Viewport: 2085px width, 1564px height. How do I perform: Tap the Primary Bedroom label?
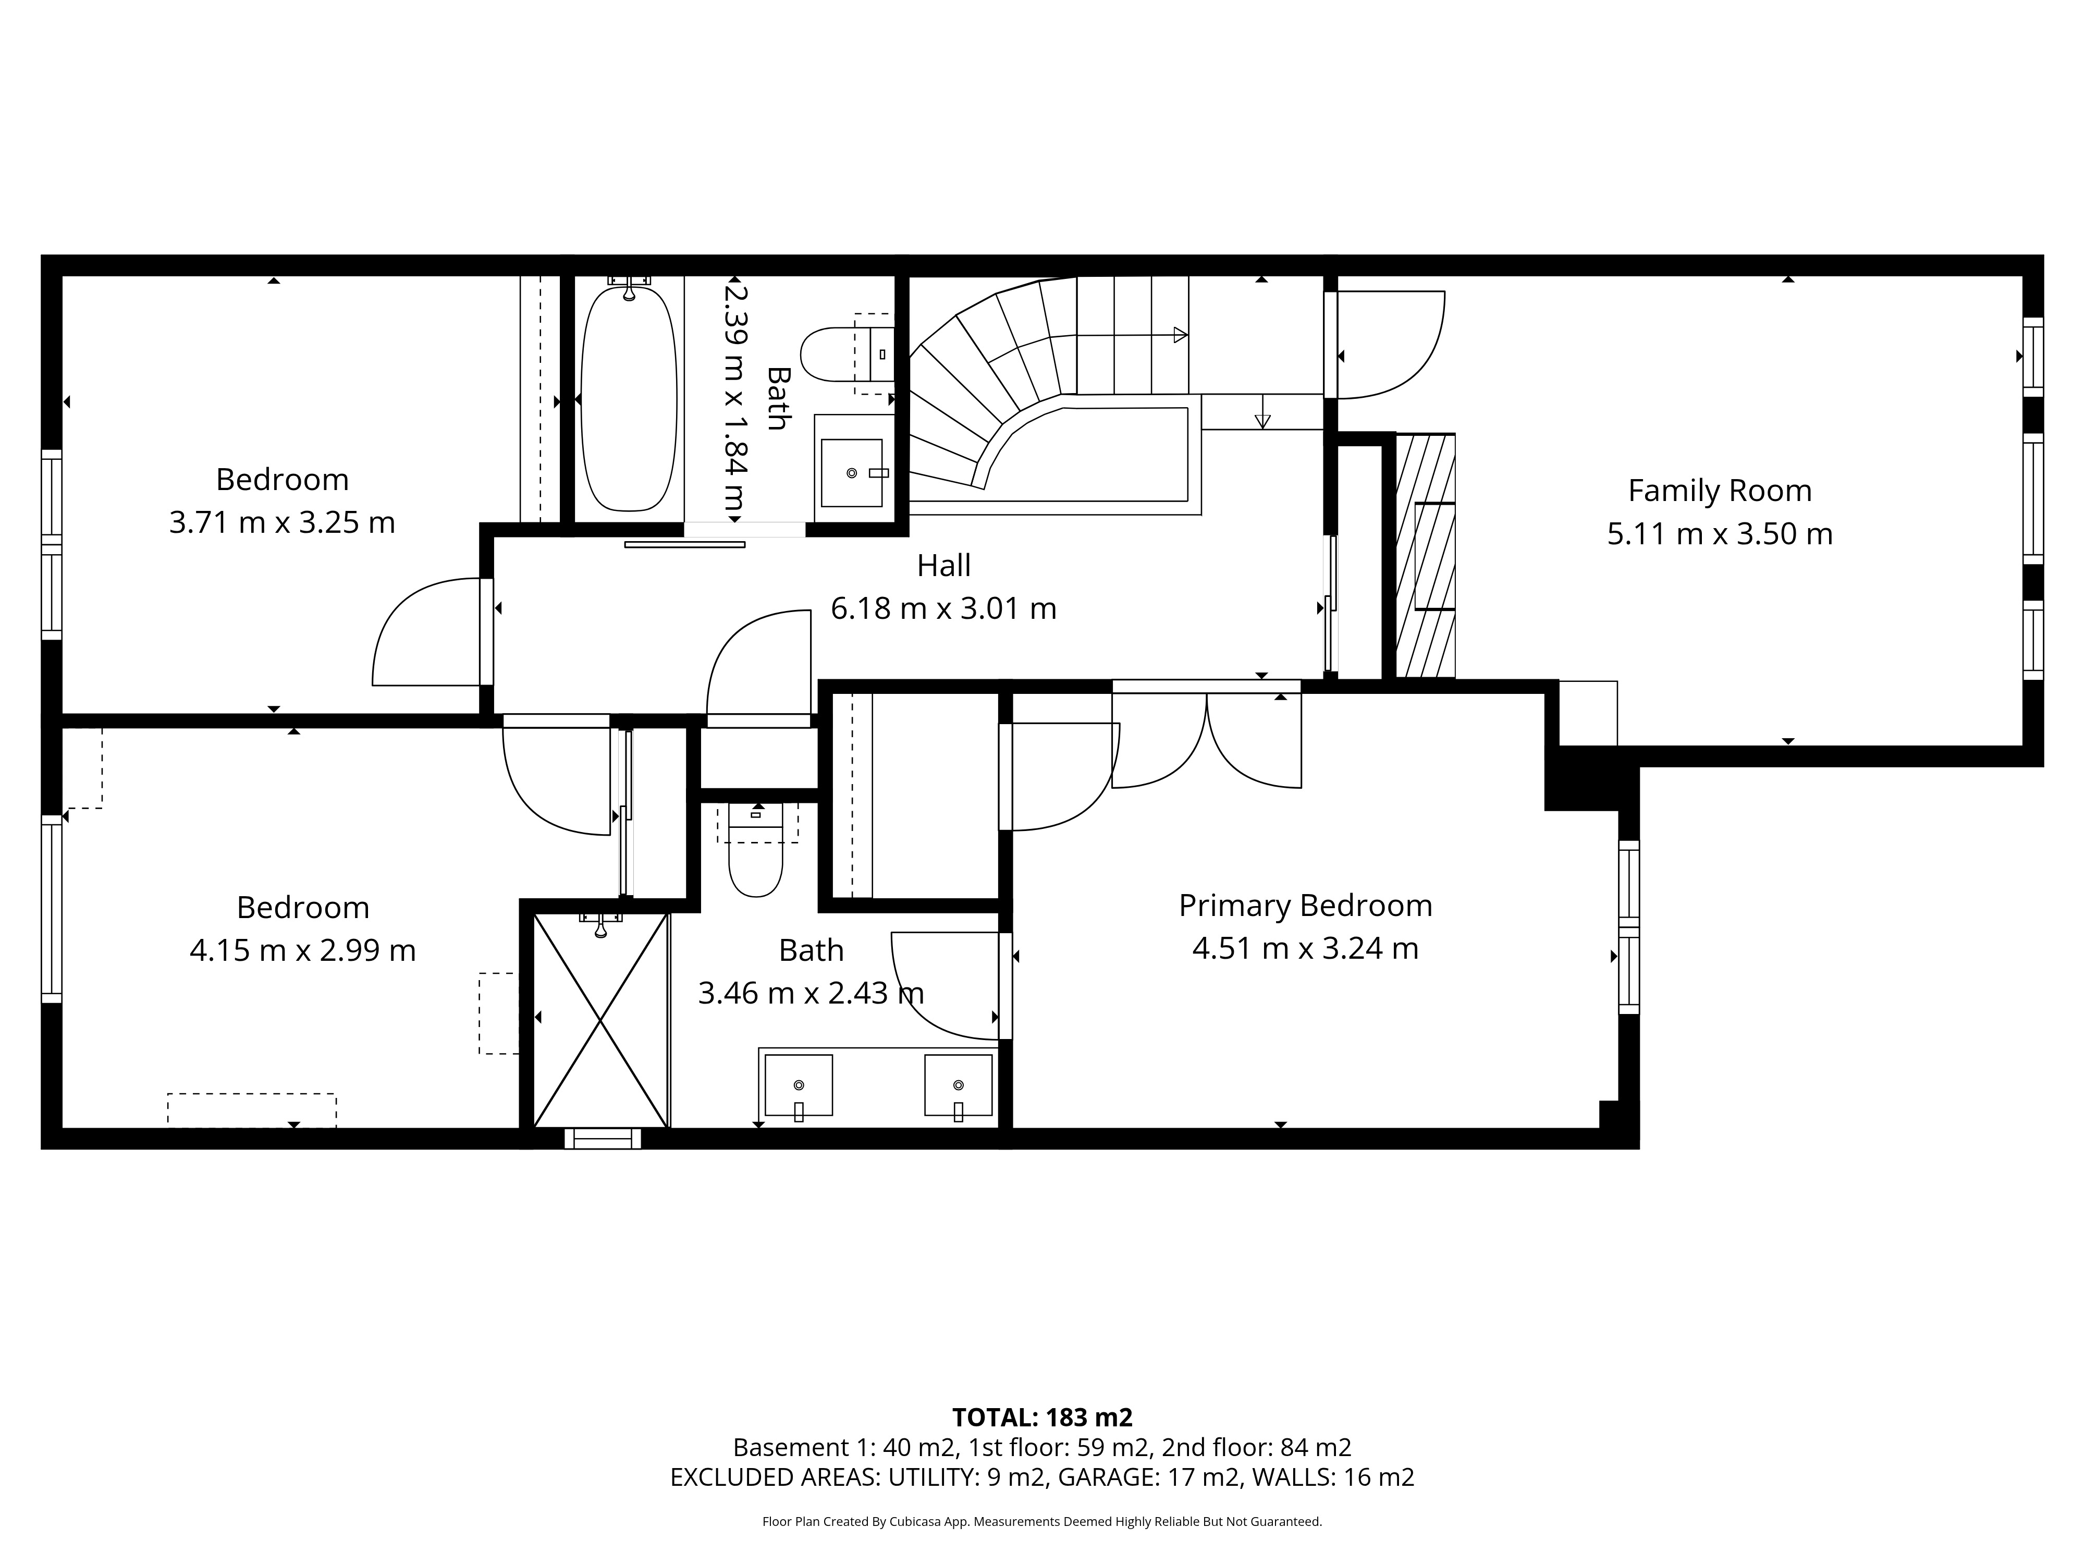(x=1306, y=906)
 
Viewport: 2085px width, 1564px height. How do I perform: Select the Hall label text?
(x=943, y=566)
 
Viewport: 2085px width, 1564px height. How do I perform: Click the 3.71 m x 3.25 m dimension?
(x=282, y=522)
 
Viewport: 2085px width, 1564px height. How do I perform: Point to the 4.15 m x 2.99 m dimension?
(x=302, y=950)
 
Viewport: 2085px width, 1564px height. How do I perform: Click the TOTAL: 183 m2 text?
(x=1041, y=1417)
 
